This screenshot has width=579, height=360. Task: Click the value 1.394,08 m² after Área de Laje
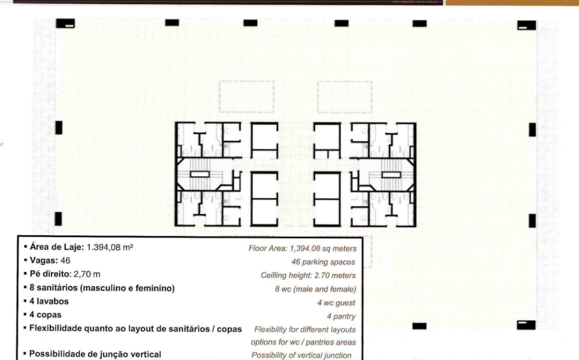(x=110, y=247)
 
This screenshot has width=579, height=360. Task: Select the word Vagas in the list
(x=43, y=261)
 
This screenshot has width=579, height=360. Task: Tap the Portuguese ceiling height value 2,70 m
(x=87, y=274)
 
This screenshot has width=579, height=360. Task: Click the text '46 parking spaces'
(x=323, y=262)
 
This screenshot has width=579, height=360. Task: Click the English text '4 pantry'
(x=341, y=316)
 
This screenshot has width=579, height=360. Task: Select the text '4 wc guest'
(x=336, y=303)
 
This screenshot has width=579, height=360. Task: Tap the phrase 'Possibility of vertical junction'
(x=301, y=355)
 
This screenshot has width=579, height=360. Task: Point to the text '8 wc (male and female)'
(x=316, y=289)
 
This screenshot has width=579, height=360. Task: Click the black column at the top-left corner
(x=66, y=24)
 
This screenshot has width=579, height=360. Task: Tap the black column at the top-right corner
(x=526, y=25)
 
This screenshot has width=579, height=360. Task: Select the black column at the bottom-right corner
(x=526, y=325)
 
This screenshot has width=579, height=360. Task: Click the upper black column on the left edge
(x=59, y=128)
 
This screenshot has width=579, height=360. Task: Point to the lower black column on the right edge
(x=532, y=221)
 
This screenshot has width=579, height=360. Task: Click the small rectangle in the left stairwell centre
(x=200, y=174)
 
